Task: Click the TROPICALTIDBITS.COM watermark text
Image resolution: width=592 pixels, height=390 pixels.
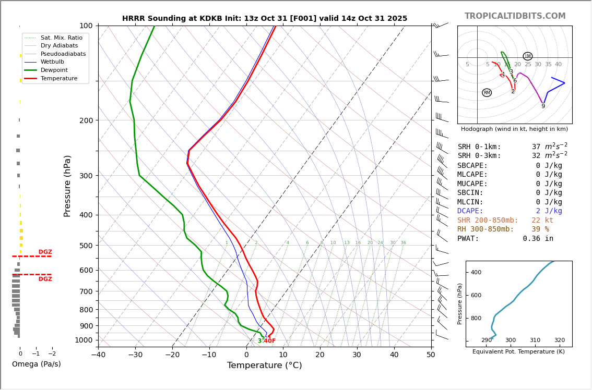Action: (515, 16)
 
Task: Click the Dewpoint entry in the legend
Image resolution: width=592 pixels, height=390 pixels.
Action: (54, 70)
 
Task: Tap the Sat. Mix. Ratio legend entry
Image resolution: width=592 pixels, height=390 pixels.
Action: (61, 38)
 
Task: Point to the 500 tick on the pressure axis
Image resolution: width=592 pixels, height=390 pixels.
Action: (86, 246)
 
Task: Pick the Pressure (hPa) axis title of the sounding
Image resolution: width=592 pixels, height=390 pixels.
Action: (67, 186)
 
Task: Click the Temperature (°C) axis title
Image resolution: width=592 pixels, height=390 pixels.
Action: (264, 365)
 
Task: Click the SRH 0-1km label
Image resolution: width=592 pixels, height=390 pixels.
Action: (479, 147)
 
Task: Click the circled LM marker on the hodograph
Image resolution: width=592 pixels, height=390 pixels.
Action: (528, 56)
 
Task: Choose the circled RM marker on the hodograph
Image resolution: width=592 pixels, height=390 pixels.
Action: (487, 93)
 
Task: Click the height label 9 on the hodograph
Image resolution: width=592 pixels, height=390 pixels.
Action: (543, 106)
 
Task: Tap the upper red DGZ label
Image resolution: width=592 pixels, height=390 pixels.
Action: (45, 252)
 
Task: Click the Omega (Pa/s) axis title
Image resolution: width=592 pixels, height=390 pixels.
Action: (37, 364)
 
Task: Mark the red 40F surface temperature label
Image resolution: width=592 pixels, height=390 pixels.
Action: (269, 341)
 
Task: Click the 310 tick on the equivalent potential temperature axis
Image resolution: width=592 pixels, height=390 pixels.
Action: (535, 340)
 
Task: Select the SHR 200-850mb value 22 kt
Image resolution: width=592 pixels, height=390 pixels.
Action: (542, 221)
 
